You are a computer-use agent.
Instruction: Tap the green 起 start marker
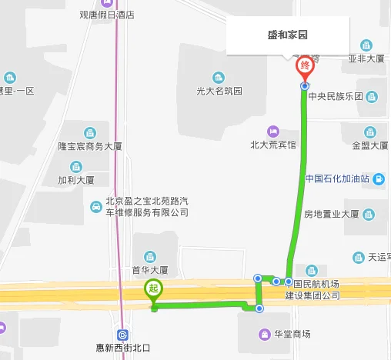click(x=153, y=290)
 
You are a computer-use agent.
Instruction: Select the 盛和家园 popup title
click(x=289, y=34)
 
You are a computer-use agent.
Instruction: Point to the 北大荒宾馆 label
click(x=273, y=144)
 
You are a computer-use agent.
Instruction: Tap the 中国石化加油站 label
click(x=337, y=179)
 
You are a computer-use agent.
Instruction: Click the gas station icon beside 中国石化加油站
click(x=379, y=179)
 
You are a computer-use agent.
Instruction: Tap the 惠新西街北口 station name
click(x=122, y=348)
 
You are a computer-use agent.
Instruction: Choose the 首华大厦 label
click(x=150, y=270)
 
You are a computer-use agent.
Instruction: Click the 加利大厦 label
click(x=75, y=180)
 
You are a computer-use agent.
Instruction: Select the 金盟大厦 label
click(x=370, y=145)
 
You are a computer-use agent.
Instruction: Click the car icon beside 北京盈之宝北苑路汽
click(x=95, y=206)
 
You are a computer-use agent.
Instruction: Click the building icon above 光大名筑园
click(x=219, y=77)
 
